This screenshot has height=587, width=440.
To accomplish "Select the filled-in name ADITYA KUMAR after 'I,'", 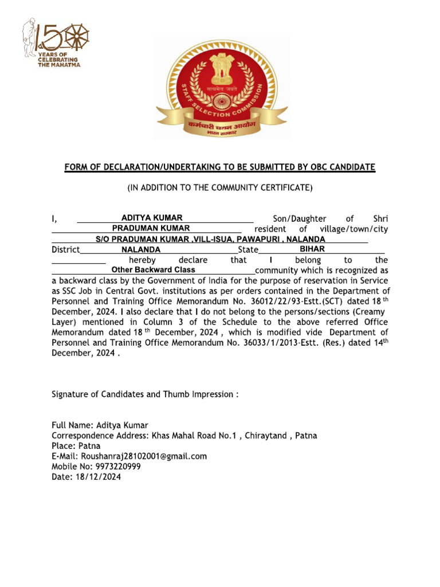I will tap(152, 218).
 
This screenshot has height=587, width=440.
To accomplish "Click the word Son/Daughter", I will tap(297, 218).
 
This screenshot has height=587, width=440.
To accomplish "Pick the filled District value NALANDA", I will tap(141, 250).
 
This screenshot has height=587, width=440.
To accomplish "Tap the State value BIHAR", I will tap(312, 249).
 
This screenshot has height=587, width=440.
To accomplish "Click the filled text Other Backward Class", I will tap(153, 269).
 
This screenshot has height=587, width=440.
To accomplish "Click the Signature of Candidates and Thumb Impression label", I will tap(144, 394).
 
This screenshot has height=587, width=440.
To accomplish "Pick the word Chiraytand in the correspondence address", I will tap(267, 436).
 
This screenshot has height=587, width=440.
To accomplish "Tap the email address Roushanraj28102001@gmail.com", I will tap(144, 456).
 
